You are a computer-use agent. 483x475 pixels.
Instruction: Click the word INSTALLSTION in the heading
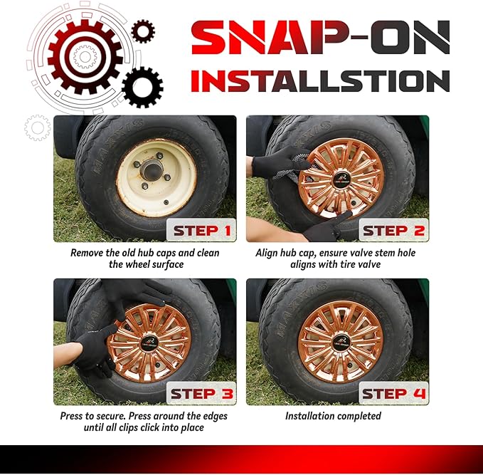320,80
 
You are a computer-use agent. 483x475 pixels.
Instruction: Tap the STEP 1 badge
201,230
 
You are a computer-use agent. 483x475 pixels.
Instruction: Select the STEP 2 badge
393,230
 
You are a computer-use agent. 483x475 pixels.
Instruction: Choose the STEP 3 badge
201,393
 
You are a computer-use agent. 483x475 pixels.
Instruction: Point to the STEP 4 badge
393,393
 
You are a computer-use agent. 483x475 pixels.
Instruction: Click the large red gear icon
85,57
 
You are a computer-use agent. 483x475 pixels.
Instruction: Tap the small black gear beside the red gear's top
143,31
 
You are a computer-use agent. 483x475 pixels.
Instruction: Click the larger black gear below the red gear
142,88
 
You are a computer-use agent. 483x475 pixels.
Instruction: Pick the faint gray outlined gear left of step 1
38,127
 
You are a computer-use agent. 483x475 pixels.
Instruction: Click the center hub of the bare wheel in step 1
152,170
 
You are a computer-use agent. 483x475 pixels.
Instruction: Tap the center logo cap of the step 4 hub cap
340,343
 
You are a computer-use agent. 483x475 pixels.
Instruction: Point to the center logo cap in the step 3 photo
150,343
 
